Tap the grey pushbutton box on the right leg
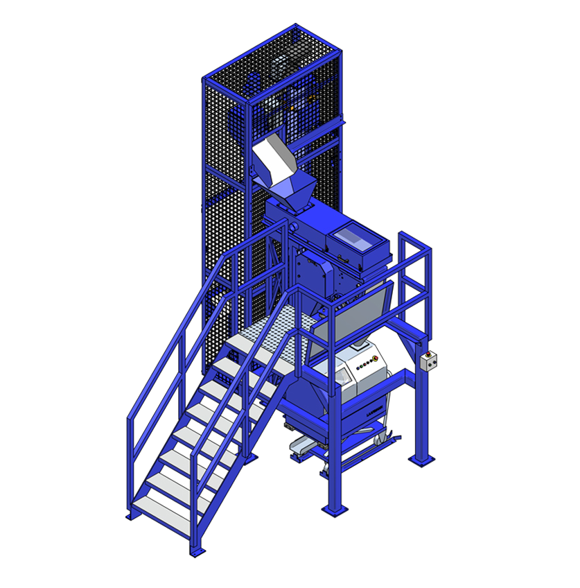click(x=429, y=361)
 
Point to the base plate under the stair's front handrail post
click(x=197, y=551)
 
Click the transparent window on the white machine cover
click(x=344, y=375)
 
